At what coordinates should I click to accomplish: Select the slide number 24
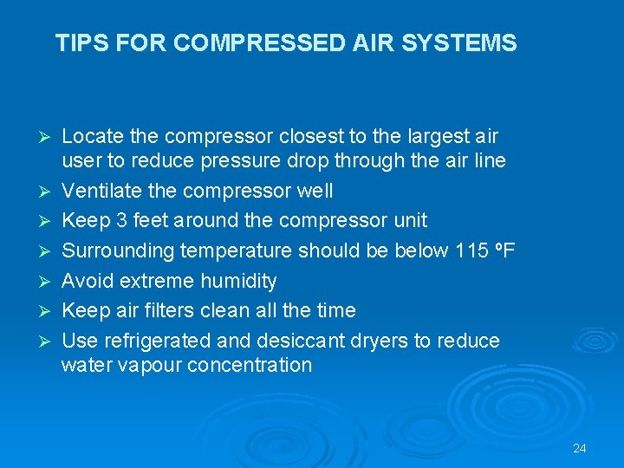click(580, 448)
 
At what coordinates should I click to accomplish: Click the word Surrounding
click(117, 251)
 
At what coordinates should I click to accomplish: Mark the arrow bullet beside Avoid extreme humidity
click(49, 281)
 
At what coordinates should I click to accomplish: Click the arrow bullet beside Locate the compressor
click(49, 137)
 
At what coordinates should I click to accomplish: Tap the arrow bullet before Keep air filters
click(49, 310)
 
